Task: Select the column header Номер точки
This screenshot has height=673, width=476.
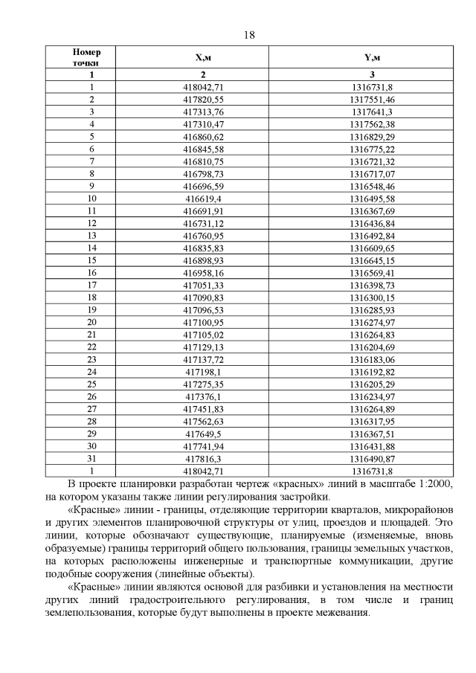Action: pyautogui.click(x=91, y=57)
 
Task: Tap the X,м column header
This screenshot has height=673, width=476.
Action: pyautogui.click(x=203, y=57)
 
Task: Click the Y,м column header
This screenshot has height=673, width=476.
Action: pyautogui.click(x=371, y=57)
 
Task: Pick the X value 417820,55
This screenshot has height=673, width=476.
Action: pyautogui.click(x=203, y=99)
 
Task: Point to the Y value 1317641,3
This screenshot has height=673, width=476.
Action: pyautogui.click(x=371, y=111)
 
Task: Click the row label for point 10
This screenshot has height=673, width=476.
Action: pyautogui.click(x=91, y=199)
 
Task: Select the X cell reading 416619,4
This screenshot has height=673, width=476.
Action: pyautogui.click(x=203, y=199)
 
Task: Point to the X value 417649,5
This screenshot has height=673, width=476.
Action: pyautogui.click(x=203, y=433)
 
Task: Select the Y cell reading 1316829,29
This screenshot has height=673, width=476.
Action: pyautogui.click(x=371, y=136)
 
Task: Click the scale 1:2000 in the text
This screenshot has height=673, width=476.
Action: pyautogui.click(x=428, y=483)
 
